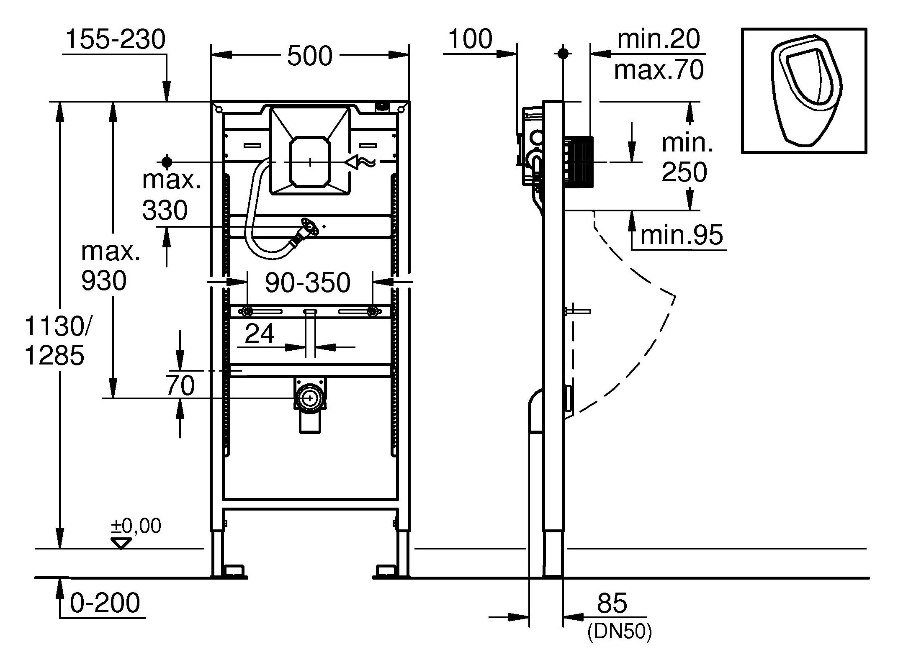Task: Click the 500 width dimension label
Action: click(309, 56)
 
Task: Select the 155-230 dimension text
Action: click(116, 40)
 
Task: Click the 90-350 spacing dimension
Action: click(308, 283)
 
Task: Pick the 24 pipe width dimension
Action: click(260, 334)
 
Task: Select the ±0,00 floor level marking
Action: click(136, 526)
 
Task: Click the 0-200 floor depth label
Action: click(105, 603)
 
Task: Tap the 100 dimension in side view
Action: click(470, 39)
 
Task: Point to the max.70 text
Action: click(659, 70)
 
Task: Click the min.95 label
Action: click(682, 235)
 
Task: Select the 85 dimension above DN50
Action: click(612, 603)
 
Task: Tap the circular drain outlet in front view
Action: click(310, 398)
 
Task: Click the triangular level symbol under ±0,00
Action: click(121, 544)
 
